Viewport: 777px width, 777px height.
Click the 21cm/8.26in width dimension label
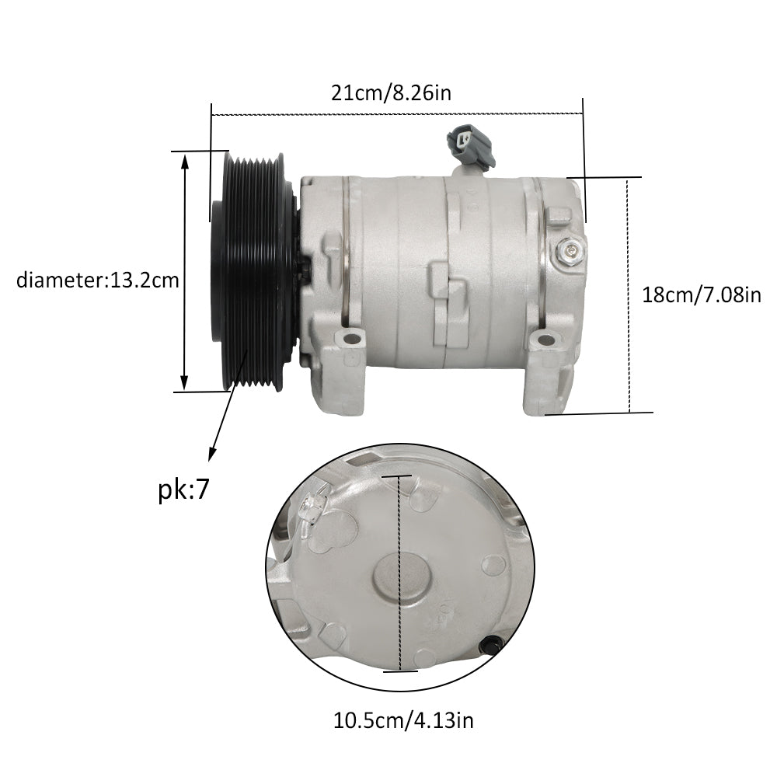tap(391, 92)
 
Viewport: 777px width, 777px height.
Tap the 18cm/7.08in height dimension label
tap(701, 294)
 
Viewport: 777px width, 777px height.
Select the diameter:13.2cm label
tap(97, 280)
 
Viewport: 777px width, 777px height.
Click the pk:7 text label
tap(184, 490)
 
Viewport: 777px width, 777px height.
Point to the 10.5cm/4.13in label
tap(402, 720)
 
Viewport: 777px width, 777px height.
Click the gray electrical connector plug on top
tap(470, 146)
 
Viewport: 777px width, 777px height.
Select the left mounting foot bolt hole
tap(352, 340)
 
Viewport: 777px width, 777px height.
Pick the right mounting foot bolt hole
tap(545, 340)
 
